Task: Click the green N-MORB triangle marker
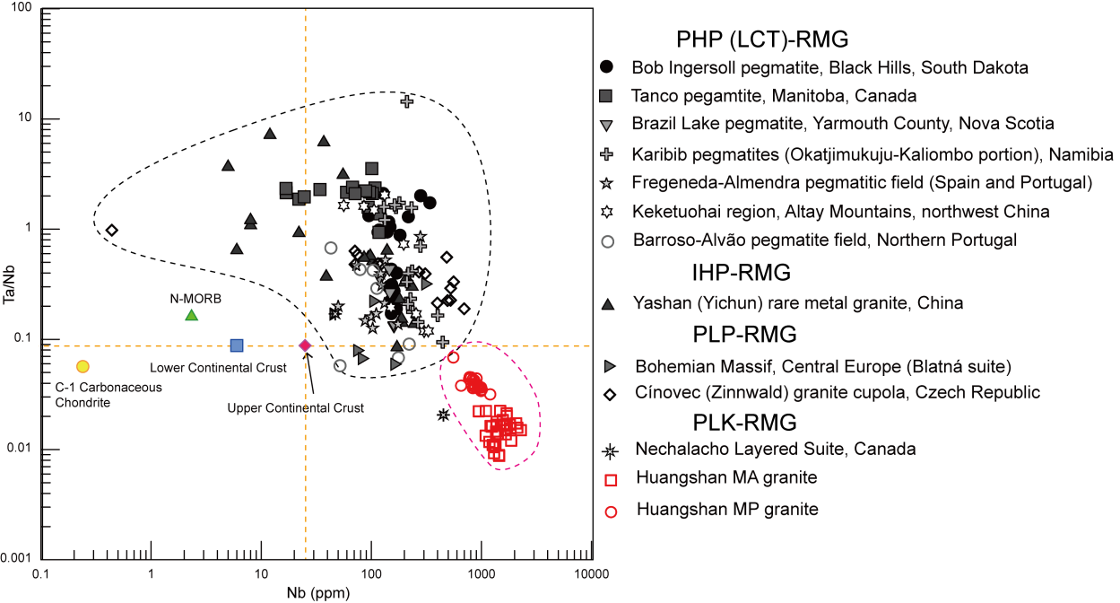pos(191,315)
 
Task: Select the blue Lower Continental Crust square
pos(237,345)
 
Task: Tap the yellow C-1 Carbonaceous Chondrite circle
pos(82,366)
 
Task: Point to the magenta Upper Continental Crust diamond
pos(305,345)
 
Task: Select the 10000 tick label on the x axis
pos(590,573)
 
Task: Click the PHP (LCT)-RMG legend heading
pos(763,40)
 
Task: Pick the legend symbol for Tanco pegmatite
pos(606,94)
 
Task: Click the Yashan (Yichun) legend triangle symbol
pos(607,304)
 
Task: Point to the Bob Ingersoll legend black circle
pos(606,66)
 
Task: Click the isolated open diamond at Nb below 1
pos(111,230)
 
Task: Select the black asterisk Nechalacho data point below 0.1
pos(443,415)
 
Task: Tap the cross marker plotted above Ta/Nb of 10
pos(406,100)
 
